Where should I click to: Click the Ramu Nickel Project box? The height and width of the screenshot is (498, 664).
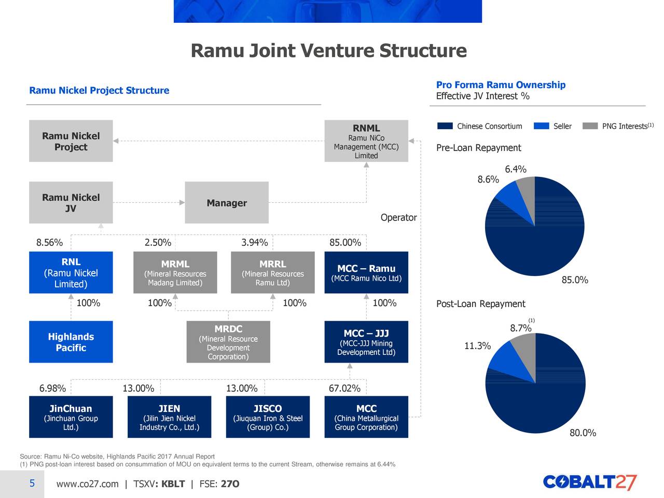click(71, 141)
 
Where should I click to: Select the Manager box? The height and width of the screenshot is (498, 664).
click(227, 203)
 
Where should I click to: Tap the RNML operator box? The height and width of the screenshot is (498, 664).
click(366, 141)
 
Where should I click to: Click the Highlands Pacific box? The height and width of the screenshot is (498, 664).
click(71, 342)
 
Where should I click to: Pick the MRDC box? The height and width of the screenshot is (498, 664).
click(228, 342)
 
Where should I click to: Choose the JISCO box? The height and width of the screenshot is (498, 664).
click(268, 417)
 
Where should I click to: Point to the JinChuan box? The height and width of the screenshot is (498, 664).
click(71, 417)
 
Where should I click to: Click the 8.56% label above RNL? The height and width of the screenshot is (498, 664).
click(49, 243)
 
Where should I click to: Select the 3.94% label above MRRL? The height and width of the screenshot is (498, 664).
click(254, 243)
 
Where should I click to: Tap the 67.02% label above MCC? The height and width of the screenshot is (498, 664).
click(344, 389)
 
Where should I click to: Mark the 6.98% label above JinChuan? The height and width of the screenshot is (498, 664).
click(52, 389)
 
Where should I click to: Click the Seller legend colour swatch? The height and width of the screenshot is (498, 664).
click(541, 126)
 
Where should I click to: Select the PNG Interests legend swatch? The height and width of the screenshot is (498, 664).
click(590, 126)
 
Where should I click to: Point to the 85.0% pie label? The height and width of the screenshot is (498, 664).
click(574, 280)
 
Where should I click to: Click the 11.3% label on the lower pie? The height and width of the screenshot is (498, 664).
click(477, 346)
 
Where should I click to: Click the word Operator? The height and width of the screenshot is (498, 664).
click(398, 217)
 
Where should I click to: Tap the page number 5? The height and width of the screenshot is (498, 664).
click(32, 483)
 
